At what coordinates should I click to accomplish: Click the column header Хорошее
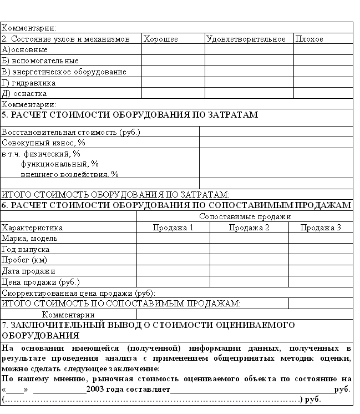161,39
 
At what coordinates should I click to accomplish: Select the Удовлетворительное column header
246,39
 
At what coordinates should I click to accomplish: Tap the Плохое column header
310,39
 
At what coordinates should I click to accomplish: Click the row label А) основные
25,50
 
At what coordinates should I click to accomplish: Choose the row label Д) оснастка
24,94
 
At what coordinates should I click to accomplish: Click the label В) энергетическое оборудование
64,72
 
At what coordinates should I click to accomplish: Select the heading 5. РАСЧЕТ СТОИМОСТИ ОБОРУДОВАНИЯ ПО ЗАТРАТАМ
130,115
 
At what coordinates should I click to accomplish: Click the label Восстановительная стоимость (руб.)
71,133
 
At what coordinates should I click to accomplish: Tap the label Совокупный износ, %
43,143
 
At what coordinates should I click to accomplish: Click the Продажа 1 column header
173,228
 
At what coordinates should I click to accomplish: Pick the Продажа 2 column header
249,228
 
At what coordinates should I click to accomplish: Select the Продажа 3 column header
321,228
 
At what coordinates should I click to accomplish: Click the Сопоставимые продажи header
245,217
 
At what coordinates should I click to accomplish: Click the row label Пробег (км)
24,260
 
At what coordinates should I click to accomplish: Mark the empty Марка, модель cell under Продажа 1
173,238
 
